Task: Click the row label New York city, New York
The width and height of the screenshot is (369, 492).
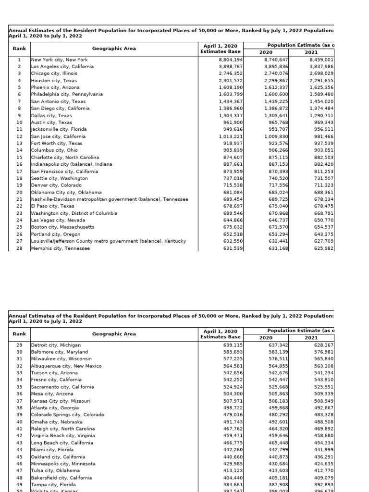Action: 60,60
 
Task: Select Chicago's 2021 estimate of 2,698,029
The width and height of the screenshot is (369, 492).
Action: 321,74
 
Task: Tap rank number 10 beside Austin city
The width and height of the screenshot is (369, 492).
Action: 19,123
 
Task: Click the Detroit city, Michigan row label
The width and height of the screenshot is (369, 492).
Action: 56,345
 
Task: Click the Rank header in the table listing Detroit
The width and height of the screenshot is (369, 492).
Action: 20,334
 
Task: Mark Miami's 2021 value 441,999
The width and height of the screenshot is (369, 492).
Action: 321,450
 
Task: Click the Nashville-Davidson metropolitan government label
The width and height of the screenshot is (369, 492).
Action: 110,199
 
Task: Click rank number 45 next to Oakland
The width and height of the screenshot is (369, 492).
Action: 19,457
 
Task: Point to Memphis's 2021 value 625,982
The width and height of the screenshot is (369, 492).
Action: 321,248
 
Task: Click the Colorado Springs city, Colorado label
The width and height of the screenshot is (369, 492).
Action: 67,415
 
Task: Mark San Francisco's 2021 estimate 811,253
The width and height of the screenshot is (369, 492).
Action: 321,172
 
